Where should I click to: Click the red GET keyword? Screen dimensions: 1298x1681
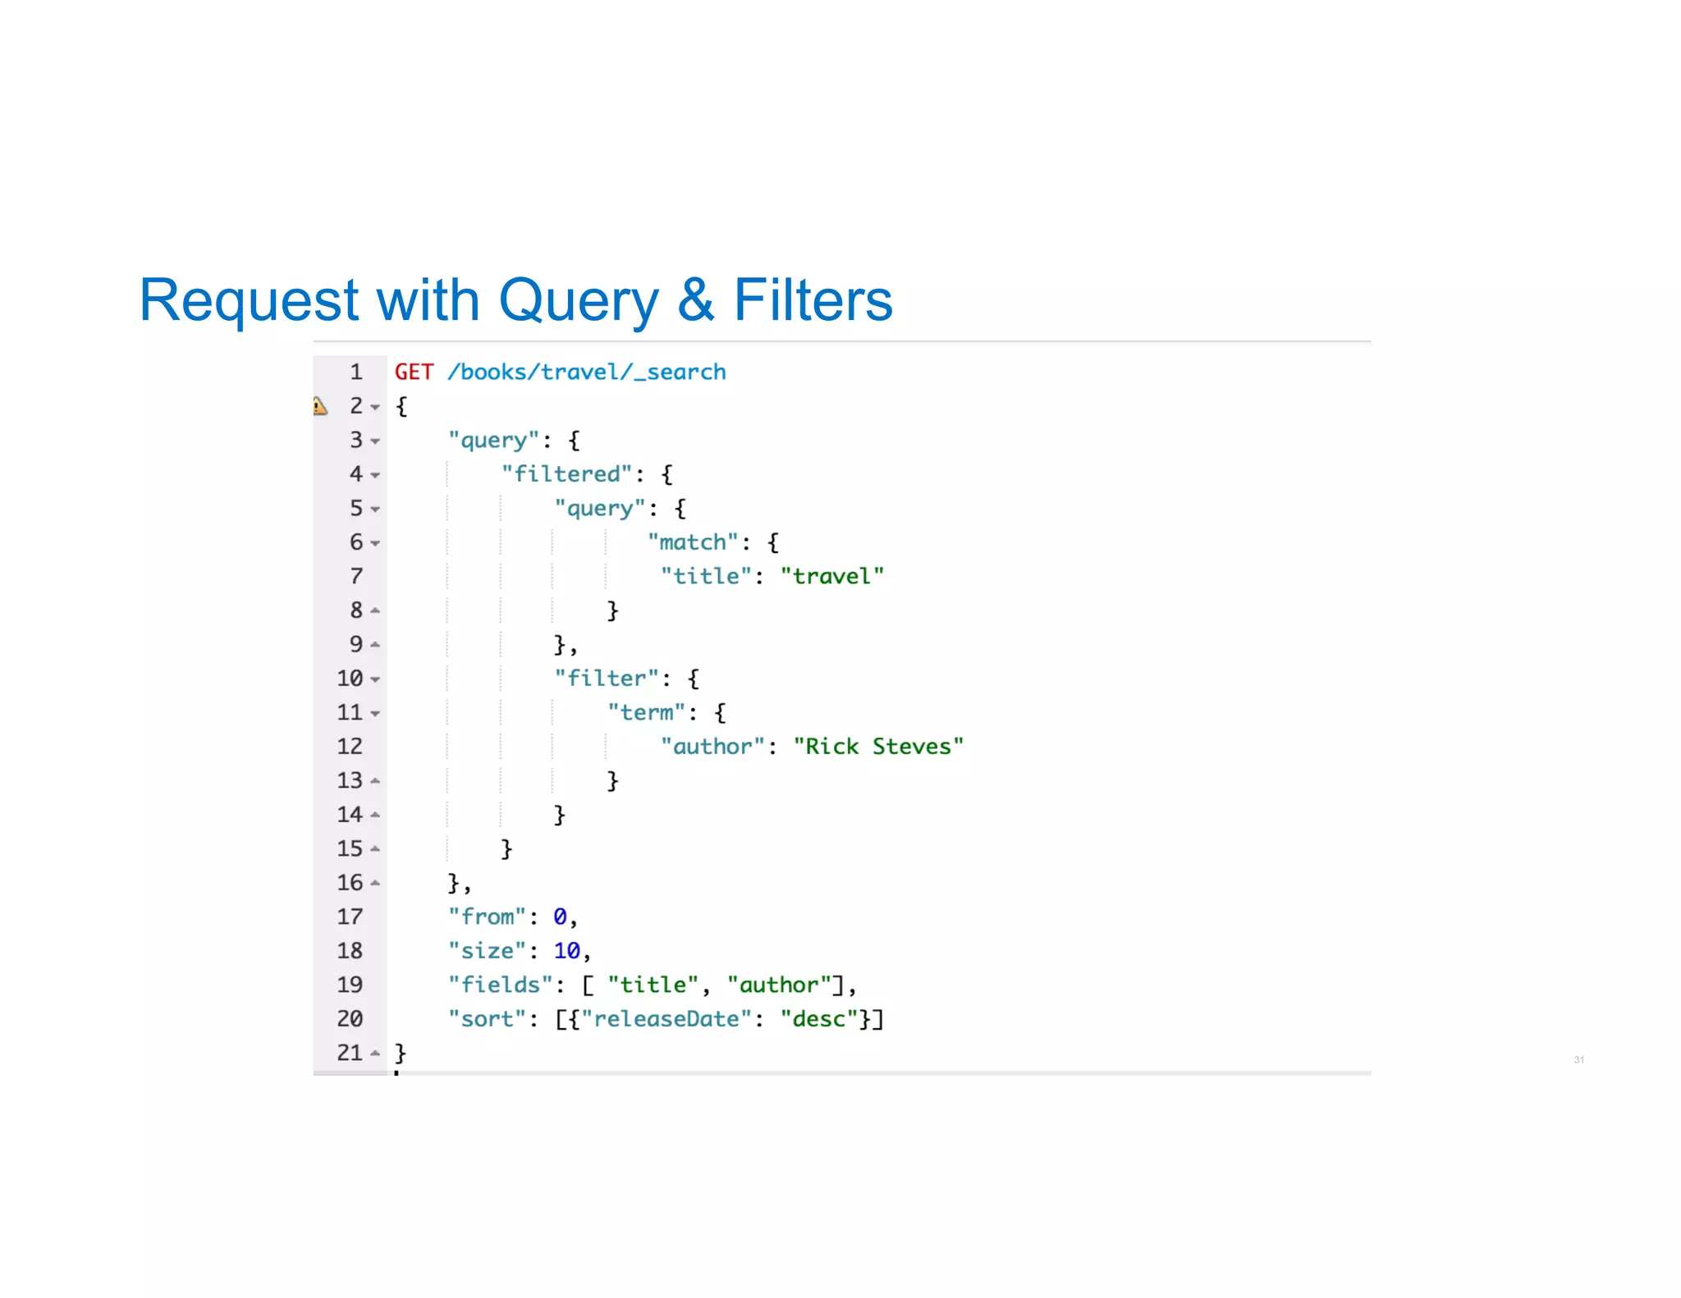click(x=413, y=372)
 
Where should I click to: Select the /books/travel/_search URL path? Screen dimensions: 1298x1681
click(x=586, y=372)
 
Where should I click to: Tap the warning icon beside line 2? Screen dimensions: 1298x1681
click(x=320, y=406)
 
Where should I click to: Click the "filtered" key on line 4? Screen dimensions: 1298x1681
click(x=566, y=474)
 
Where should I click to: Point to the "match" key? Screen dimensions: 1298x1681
click(x=693, y=542)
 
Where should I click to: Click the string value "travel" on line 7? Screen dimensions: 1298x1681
click(x=831, y=576)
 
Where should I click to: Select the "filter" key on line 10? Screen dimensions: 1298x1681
click(x=607, y=679)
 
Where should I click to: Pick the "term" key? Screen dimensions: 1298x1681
click(x=646, y=712)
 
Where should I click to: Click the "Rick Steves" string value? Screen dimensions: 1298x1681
click(x=877, y=747)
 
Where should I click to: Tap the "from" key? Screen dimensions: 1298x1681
click(x=487, y=916)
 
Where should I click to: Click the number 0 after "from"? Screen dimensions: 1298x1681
click(x=560, y=916)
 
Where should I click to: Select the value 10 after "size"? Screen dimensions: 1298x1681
click(x=566, y=951)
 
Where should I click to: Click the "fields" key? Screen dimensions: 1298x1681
click(x=501, y=985)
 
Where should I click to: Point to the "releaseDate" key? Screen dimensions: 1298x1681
click(x=666, y=1019)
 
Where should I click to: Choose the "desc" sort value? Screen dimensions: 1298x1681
click(x=818, y=1019)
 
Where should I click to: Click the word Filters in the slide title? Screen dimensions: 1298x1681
click(x=812, y=300)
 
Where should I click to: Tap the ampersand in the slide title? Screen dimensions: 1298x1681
click(x=695, y=300)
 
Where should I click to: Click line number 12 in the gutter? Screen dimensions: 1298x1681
click(x=350, y=747)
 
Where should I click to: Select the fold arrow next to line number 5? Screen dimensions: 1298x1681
click(x=375, y=510)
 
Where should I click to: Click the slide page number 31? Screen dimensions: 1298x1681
click(x=1578, y=1060)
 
